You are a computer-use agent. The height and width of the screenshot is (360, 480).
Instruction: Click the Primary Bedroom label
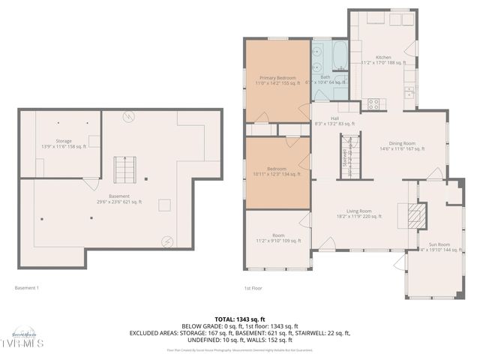pyautogui.click(x=277, y=80)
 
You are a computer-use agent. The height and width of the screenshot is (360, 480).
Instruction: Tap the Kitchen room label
pyautogui.click(x=383, y=61)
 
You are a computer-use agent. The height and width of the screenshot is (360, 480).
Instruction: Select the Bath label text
pyautogui.click(x=325, y=79)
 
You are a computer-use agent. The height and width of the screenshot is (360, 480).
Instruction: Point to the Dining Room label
pyautogui.click(x=402, y=145)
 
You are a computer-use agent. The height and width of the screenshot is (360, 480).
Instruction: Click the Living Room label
pyautogui.click(x=359, y=214)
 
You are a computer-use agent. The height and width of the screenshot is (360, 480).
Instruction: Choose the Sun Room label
pyautogui.click(x=439, y=245)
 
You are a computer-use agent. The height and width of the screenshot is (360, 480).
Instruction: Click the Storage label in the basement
pyautogui.click(x=64, y=143)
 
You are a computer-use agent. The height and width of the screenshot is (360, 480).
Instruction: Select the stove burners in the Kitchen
pyautogui.click(x=373, y=104)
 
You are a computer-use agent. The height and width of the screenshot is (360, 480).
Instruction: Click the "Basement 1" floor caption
pyautogui.click(x=27, y=288)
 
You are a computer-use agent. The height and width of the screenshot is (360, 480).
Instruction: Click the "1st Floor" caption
pyautogui.click(x=253, y=288)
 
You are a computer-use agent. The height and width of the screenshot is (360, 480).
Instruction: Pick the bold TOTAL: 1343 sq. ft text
pyautogui.click(x=240, y=319)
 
